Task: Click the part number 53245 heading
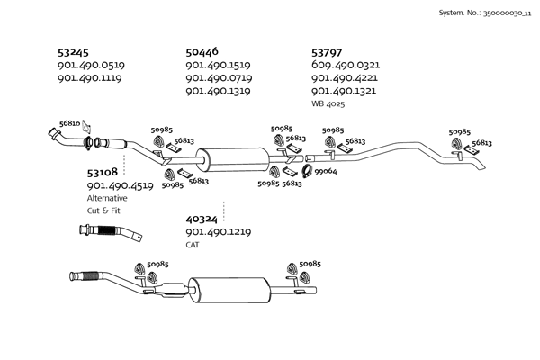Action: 73,53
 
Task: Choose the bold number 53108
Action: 103,172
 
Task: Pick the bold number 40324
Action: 202,219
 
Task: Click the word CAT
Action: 193,244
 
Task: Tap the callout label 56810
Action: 69,123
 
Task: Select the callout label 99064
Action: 326,171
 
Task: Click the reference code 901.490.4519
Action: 120,185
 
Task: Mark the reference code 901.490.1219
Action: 218,231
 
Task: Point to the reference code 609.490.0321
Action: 346,66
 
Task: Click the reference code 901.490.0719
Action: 218,78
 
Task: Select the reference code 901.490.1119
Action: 89,78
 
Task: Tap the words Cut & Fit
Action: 103,210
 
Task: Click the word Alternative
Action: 107,197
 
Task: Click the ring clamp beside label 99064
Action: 306,171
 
